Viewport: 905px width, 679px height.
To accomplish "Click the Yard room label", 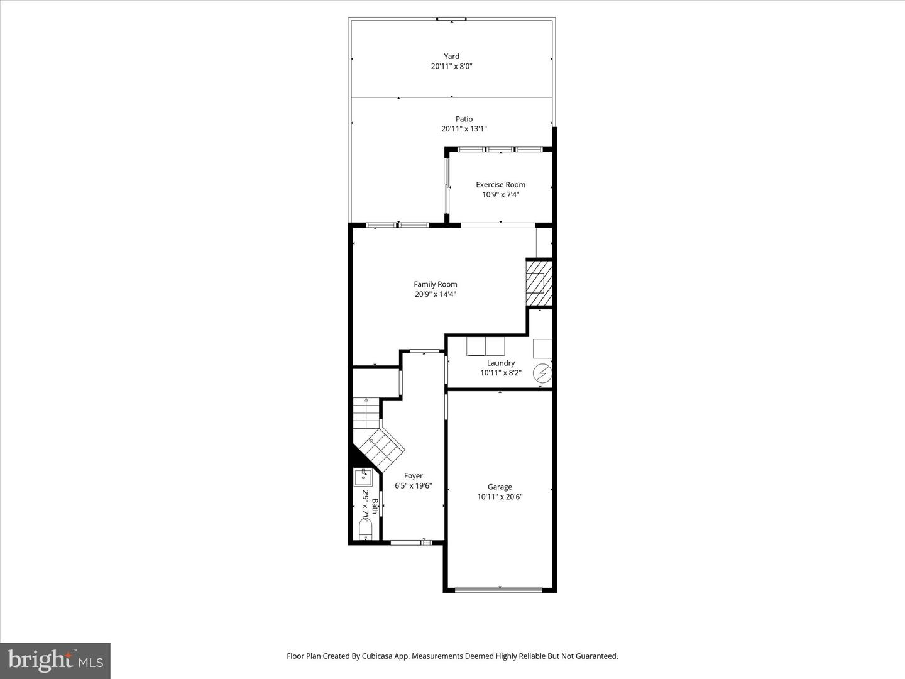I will coord(451,57).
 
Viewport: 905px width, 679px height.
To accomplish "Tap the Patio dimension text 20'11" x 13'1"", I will coord(464,130).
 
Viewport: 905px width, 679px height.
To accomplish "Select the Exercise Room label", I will coord(500,185).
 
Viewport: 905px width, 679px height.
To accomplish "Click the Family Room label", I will coord(435,284).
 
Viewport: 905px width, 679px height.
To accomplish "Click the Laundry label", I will coord(501,363).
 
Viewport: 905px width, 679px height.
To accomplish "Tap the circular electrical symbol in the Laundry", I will coord(542,374).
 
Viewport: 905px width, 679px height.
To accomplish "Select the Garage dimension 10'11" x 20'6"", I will coord(500,497).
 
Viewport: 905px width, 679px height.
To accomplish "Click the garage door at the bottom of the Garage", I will coord(499,590).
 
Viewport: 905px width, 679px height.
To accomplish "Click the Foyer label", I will coord(413,476).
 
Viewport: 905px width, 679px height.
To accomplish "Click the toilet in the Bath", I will coord(365,527).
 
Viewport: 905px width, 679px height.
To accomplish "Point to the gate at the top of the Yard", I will coord(451,19).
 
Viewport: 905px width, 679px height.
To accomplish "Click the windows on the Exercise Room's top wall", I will coord(500,150).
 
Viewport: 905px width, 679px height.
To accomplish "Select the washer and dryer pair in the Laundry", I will coord(486,346).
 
